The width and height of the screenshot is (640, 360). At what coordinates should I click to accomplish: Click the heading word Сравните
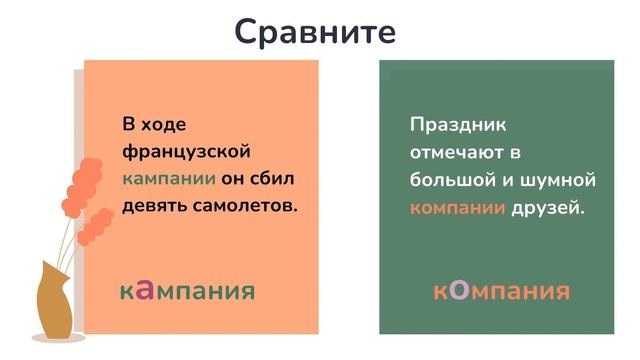(x=315, y=31)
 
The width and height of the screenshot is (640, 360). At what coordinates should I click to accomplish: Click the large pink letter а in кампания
(x=145, y=290)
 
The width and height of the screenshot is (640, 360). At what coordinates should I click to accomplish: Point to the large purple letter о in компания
(x=458, y=290)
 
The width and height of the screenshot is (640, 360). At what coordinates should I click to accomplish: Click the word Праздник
(x=458, y=125)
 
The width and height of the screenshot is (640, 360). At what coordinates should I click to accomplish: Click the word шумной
(x=560, y=181)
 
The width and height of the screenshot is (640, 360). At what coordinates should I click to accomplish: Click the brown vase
(x=55, y=301)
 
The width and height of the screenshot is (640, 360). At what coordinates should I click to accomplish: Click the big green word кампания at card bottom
(x=187, y=291)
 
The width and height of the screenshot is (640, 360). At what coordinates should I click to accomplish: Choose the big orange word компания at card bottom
(x=501, y=291)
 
